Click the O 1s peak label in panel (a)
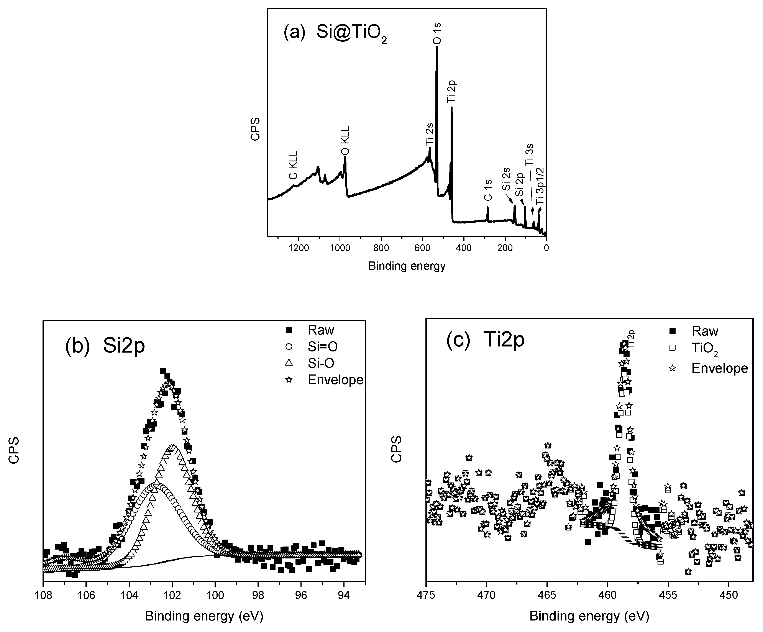[437, 33]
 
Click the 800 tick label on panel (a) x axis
[381, 249]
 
